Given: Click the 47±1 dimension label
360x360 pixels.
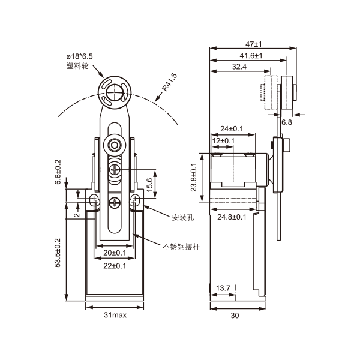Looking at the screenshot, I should coord(254,44).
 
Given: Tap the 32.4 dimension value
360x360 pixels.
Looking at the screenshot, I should coord(238,67).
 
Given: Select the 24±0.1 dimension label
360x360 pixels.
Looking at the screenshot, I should coord(232,128).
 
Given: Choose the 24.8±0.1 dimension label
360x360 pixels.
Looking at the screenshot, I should coord(232,217).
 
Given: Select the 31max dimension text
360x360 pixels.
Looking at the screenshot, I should coord(114,314).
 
